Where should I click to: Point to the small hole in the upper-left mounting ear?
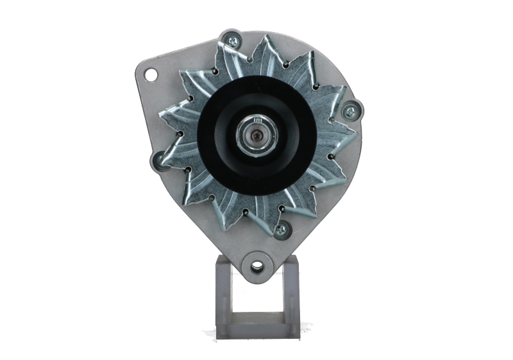click(151, 75)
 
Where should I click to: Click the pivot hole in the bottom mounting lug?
click(258, 264)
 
